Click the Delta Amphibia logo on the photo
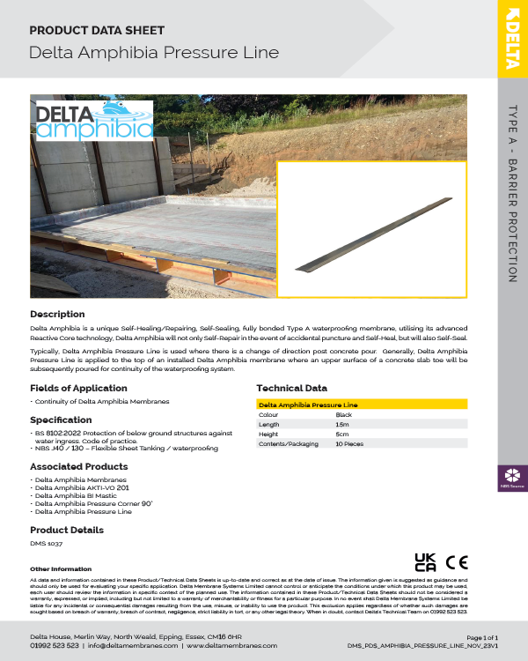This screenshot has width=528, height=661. [x=95, y=121]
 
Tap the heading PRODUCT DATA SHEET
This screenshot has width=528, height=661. [x=97, y=30]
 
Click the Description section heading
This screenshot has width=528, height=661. [x=57, y=314]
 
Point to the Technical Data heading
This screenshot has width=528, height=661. [x=291, y=388]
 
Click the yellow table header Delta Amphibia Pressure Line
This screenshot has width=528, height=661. [x=309, y=405]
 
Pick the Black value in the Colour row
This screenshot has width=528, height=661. [x=344, y=414]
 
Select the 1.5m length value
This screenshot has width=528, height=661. [x=342, y=424]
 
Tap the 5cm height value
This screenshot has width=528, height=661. [x=341, y=434]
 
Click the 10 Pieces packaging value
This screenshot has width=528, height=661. [x=350, y=444]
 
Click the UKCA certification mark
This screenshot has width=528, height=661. [x=426, y=561]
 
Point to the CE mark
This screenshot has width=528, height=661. [x=458, y=561]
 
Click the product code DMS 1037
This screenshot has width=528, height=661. [x=45, y=544]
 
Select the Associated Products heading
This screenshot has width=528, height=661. [x=79, y=466]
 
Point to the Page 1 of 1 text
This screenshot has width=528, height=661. [x=481, y=636]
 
